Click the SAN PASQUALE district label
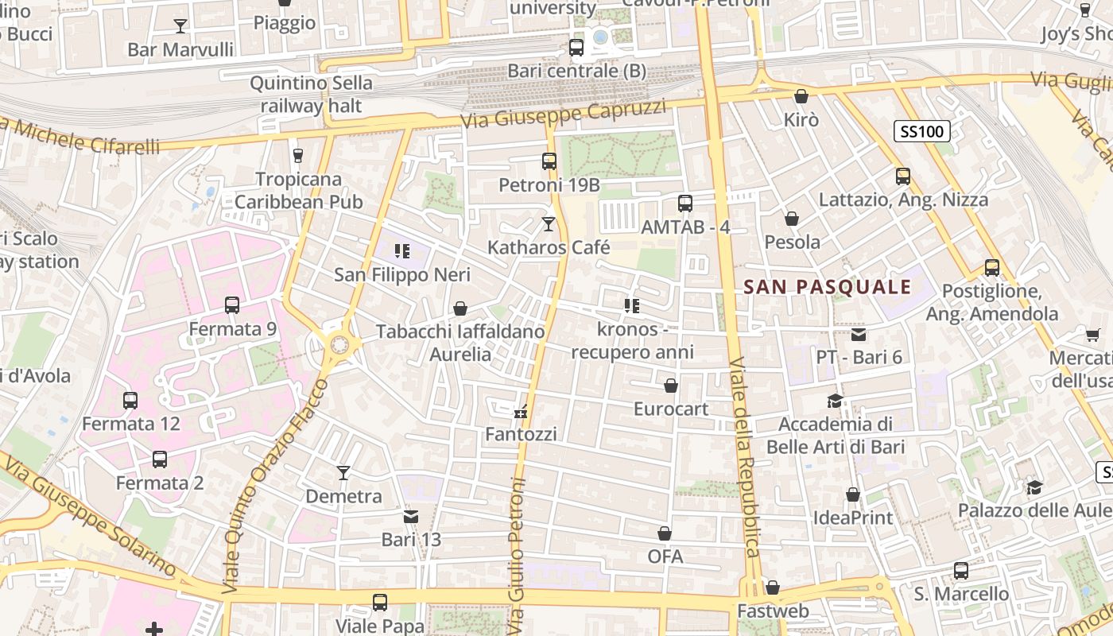pyautogui.click(x=827, y=287)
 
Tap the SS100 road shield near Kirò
pyautogui.click(x=922, y=131)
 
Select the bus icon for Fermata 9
pyautogui.click(x=232, y=304)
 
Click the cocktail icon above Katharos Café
pyautogui.click(x=548, y=224)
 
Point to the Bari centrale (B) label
pyautogui.click(x=576, y=71)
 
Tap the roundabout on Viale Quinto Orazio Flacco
pyautogui.click(x=339, y=344)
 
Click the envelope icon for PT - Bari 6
pyautogui.click(x=859, y=335)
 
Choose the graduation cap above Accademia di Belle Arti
pyautogui.click(x=835, y=401)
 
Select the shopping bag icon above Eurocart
pyautogui.click(x=671, y=386)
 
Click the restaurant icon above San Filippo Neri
pyautogui.click(x=402, y=252)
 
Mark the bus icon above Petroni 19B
pyautogui.click(x=549, y=161)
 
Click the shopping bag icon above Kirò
pyautogui.click(x=801, y=97)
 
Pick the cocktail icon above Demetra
pyautogui.click(x=343, y=473)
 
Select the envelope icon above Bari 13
pyautogui.click(x=411, y=517)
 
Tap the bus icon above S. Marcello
pyautogui.click(x=961, y=570)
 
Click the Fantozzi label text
pyautogui.click(x=521, y=434)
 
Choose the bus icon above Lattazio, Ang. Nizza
pyautogui.click(x=903, y=176)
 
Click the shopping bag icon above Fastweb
pyautogui.click(x=773, y=588)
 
